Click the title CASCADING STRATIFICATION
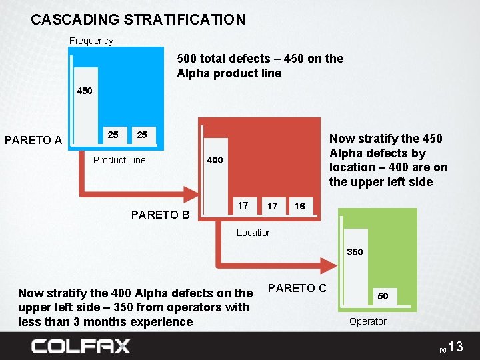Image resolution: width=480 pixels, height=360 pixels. click(138, 20)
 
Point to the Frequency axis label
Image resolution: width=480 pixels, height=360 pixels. click(91, 41)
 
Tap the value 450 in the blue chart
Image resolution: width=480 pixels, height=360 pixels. click(85, 91)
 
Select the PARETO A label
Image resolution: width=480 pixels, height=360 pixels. click(33, 140)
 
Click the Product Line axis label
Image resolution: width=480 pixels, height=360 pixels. click(119, 160)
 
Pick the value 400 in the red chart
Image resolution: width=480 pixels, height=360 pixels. click(215, 160)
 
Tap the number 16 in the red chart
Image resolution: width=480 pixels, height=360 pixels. click(300, 206)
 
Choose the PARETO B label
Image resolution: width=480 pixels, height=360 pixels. click(161, 215)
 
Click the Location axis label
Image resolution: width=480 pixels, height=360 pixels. click(254, 233)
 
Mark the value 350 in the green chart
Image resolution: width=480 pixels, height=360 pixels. click(355, 252)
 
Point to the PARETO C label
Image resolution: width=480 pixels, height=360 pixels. click(297, 288)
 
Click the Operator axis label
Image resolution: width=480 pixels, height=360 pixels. click(368, 321)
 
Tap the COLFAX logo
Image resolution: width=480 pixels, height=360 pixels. click(81, 346)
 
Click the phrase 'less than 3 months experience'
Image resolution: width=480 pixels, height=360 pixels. click(105, 322)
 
